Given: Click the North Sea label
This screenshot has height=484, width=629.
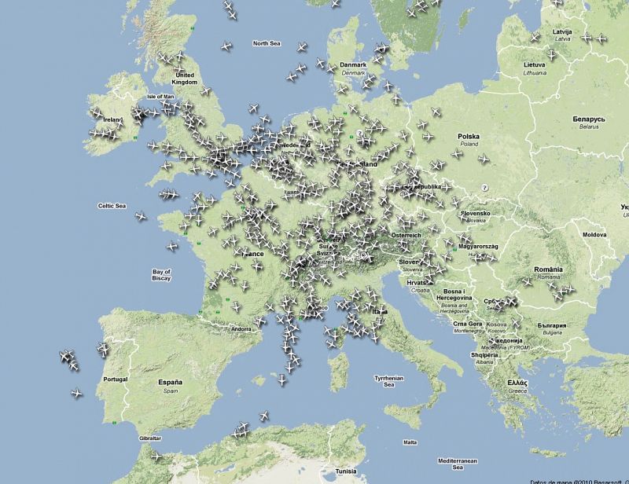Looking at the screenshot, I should click(267, 43).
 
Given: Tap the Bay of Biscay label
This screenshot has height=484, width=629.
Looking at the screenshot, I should click(162, 274).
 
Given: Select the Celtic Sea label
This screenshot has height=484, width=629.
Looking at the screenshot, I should click(112, 206).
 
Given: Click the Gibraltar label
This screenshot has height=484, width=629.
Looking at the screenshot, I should click(149, 438).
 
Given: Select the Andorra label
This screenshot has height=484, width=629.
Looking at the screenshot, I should click(219, 328).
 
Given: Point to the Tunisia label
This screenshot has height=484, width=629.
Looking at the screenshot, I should click(346, 471).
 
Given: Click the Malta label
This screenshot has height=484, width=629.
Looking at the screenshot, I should click(410, 442).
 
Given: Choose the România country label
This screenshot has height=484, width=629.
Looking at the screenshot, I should click(548, 272).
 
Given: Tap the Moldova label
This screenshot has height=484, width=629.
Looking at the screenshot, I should click(594, 234).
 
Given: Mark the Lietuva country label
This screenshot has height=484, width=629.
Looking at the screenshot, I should click(535, 68).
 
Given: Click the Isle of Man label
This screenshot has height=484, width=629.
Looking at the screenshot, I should click(160, 97).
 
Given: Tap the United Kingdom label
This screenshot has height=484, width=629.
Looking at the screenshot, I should click(186, 78).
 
